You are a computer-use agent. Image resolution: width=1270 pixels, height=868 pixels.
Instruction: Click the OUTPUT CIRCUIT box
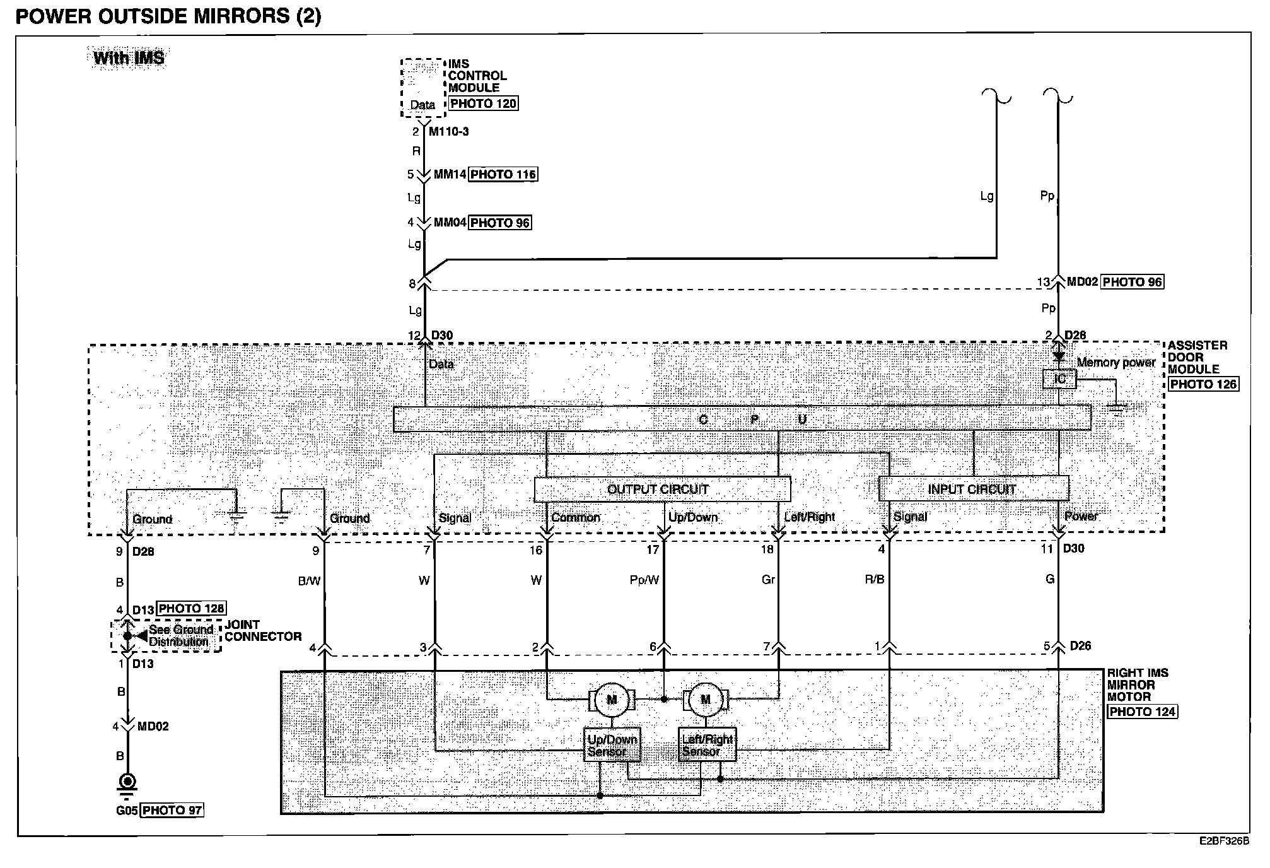point(661,490)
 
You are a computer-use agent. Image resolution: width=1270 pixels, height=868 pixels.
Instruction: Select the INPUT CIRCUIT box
point(973,489)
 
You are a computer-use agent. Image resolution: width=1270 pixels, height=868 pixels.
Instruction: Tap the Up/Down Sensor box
point(612,745)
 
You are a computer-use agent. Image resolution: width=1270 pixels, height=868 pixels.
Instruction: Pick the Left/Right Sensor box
point(707,745)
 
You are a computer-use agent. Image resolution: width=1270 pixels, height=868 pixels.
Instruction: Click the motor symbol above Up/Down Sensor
point(612,700)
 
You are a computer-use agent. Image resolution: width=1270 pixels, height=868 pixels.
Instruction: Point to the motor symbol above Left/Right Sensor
point(706,700)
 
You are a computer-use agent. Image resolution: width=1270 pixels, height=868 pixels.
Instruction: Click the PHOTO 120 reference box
point(483,103)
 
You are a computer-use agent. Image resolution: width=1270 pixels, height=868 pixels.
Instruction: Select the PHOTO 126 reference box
point(1203,384)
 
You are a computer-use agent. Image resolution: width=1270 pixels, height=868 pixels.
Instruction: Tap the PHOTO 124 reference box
point(1143,712)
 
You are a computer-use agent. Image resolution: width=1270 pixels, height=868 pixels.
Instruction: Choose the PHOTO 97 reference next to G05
point(172,810)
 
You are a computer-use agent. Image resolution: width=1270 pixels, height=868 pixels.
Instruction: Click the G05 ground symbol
point(127,783)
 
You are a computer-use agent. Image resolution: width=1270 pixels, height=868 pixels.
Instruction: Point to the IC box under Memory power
point(1059,379)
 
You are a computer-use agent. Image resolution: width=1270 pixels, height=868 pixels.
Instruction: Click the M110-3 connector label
point(448,132)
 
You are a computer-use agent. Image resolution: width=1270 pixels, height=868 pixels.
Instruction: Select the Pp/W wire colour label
point(644,580)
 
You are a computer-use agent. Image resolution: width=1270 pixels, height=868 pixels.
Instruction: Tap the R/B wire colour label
point(875,580)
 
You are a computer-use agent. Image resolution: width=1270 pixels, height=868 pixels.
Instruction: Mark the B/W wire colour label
point(309,581)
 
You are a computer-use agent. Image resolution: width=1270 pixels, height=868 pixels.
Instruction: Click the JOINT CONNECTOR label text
point(262,631)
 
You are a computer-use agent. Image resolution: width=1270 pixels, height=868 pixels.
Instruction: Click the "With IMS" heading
point(129,58)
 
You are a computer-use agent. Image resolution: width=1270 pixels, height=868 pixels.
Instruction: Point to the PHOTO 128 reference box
point(190,609)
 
